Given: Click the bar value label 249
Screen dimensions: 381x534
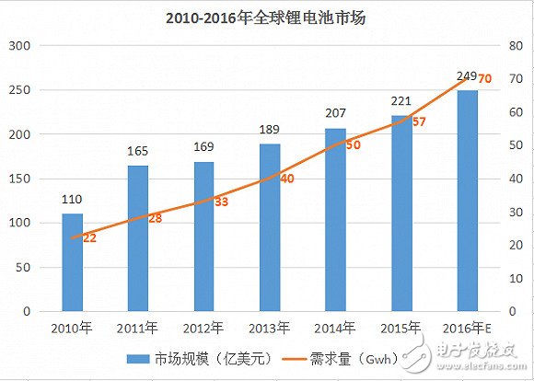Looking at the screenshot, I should pos(468,75).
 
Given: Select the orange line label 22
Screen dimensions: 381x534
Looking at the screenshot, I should pos(89,237).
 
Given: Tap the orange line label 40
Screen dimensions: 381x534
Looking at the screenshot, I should pos(286,179).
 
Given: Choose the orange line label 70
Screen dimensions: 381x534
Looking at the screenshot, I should pos(484,79).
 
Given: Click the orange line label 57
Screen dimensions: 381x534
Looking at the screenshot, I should pos(419,121).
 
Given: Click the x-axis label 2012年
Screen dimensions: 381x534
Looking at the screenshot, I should pos(204,328).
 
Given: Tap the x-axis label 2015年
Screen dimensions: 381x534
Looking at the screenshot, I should pos(402,328).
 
